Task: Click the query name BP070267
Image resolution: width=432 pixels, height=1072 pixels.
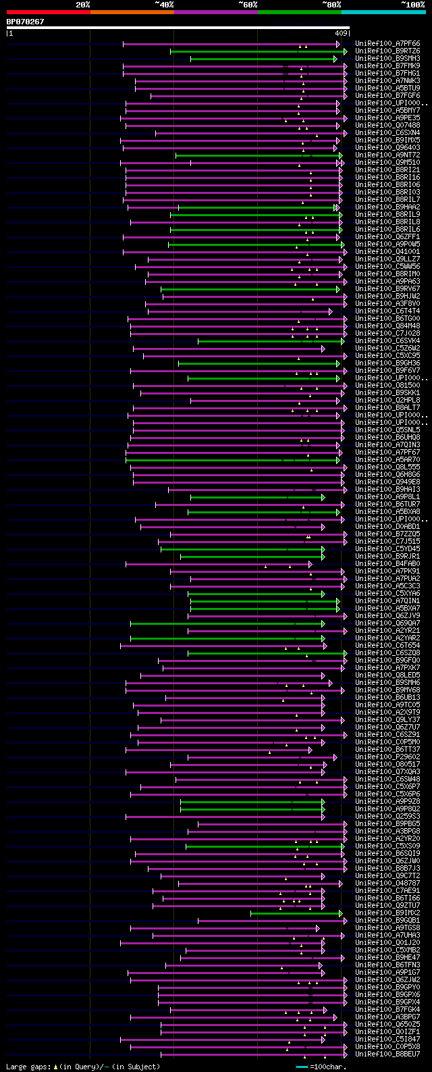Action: tap(25, 22)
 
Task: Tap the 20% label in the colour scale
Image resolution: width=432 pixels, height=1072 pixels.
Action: tap(83, 5)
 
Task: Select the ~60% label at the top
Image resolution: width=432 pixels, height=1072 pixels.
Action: tap(248, 5)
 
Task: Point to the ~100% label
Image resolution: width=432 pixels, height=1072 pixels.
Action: tap(412, 5)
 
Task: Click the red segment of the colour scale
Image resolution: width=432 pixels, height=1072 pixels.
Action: tap(48, 11)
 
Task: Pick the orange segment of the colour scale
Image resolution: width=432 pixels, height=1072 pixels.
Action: tap(132, 11)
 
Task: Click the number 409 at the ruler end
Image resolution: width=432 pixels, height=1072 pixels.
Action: tap(341, 33)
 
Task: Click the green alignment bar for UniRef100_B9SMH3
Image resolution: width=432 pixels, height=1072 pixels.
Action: tap(263, 59)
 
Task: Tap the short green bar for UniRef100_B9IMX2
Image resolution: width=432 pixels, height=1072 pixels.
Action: tap(296, 913)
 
